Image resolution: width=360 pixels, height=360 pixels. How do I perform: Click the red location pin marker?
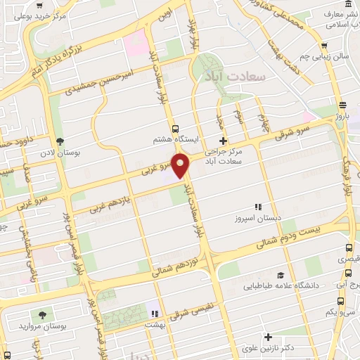click(181, 165)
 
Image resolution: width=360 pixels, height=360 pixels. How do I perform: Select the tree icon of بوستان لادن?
click(60, 141)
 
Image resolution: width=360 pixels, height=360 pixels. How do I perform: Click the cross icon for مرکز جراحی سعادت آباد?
click(223, 141)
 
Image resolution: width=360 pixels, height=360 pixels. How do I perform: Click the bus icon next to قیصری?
click(349, 248)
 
